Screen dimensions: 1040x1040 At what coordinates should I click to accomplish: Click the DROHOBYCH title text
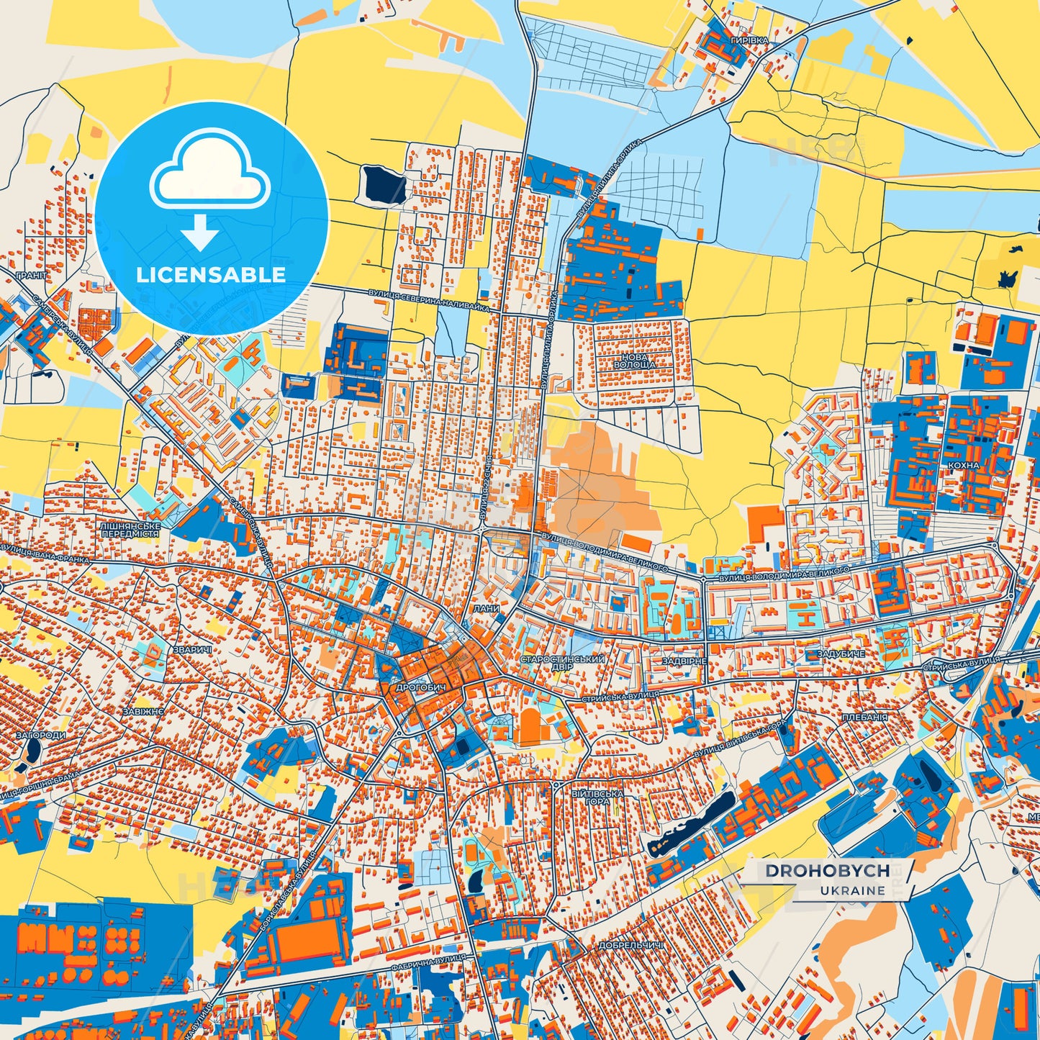tap(827, 871)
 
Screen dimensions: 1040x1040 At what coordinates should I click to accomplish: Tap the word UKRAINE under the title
tap(851, 890)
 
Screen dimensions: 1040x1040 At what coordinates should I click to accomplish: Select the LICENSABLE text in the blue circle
tap(211, 274)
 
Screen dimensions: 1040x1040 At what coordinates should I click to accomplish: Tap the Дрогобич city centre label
tap(421, 688)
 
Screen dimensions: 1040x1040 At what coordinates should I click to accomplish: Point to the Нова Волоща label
tap(634, 361)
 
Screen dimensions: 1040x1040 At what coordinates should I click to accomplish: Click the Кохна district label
tap(964, 466)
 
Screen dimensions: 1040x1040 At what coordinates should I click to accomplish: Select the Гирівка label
tap(749, 41)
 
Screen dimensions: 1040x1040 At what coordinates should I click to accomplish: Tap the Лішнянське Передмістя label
tap(130, 530)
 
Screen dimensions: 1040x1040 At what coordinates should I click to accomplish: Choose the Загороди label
tap(41, 736)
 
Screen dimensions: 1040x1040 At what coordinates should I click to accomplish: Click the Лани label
tap(486, 608)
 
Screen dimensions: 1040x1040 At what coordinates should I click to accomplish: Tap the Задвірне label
tap(684, 661)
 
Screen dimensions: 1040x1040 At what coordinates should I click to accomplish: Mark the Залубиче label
tap(841, 654)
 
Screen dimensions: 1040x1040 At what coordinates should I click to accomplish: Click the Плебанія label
tap(864, 718)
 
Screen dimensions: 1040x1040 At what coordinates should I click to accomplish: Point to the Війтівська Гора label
tap(597, 797)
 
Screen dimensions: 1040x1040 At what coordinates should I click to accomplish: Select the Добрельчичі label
tap(630, 945)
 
